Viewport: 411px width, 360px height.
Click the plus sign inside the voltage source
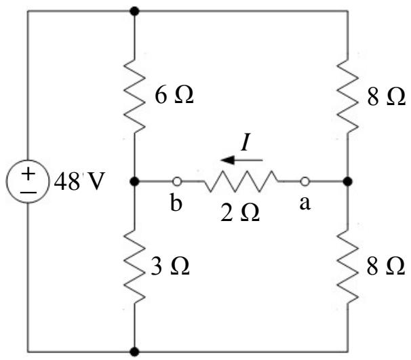click(x=28, y=174)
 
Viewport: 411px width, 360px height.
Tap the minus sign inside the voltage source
click(x=28, y=193)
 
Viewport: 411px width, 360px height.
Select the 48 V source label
click(x=79, y=181)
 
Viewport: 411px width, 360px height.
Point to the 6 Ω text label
click(x=174, y=95)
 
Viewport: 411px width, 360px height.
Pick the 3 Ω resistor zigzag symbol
click(x=134, y=266)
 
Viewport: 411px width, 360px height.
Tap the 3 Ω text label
click(x=170, y=266)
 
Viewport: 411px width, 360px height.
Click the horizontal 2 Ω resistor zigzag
click(x=241, y=181)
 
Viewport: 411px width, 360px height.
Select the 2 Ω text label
click(x=240, y=213)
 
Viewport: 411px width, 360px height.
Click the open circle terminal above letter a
click(x=305, y=181)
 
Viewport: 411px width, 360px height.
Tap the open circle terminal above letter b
click(x=177, y=181)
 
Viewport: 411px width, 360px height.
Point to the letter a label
click(x=305, y=203)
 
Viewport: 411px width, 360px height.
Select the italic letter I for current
click(x=245, y=142)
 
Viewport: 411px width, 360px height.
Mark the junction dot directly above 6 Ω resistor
click(x=135, y=12)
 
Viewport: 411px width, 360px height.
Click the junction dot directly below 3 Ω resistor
click(x=135, y=352)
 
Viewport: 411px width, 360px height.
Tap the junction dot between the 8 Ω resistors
click(x=348, y=181)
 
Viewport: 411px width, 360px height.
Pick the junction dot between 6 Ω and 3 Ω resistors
click(x=135, y=181)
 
